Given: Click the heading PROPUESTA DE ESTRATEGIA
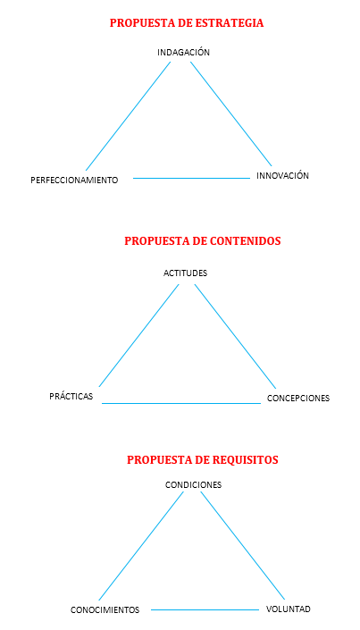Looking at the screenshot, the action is [187, 23].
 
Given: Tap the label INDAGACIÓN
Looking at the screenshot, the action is [184, 52].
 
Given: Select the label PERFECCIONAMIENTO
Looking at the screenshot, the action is [74, 180].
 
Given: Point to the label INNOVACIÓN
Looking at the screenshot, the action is [283, 175].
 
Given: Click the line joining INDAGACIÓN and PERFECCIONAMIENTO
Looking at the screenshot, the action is [128, 116].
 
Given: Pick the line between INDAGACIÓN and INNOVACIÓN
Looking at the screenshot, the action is [231, 113].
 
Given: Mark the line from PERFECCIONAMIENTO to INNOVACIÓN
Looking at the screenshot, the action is [192, 178].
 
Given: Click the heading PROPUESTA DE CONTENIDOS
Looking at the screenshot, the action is [203, 240].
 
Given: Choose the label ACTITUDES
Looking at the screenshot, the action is [185, 273].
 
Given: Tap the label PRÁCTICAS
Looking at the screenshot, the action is [71, 396].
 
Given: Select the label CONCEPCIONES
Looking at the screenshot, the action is [298, 399].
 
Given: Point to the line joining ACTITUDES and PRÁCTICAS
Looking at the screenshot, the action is [138, 335].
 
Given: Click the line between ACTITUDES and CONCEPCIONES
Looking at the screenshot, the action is [236, 336].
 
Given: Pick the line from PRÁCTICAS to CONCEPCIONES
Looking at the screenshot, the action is [181, 403].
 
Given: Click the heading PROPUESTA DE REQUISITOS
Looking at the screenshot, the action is [203, 459].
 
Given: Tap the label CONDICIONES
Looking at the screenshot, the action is [193, 485].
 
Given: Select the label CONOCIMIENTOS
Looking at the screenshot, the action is [105, 610].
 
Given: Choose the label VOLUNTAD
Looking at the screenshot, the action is [288, 609].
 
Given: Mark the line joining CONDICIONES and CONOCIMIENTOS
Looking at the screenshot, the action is [141, 546].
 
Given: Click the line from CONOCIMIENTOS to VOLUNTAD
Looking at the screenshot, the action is [205, 609].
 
